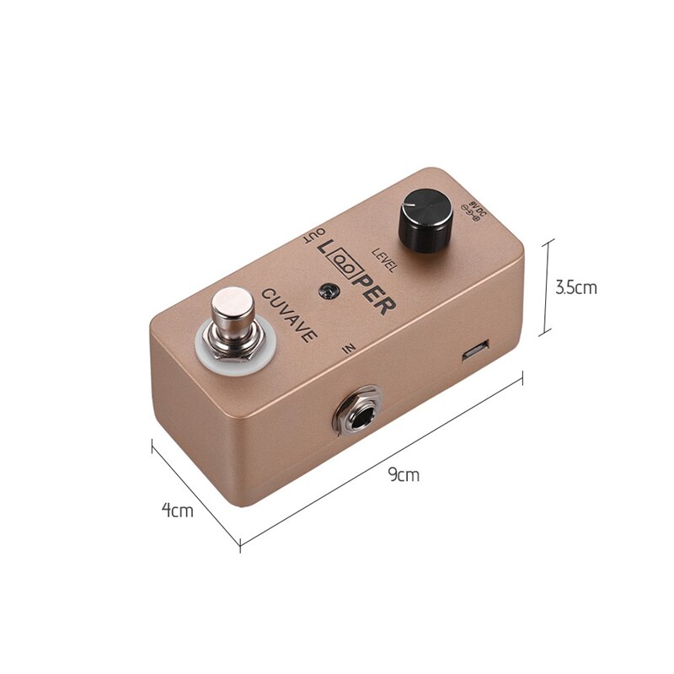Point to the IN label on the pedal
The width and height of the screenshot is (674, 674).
click(x=350, y=347)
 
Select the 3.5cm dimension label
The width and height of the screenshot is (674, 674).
click(x=576, y=287)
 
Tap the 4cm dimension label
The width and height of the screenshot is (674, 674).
click(x=177, y=510)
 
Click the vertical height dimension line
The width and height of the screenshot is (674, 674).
click(x=549, y=286)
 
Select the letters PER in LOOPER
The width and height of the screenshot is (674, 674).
click(x=374, y=295)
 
